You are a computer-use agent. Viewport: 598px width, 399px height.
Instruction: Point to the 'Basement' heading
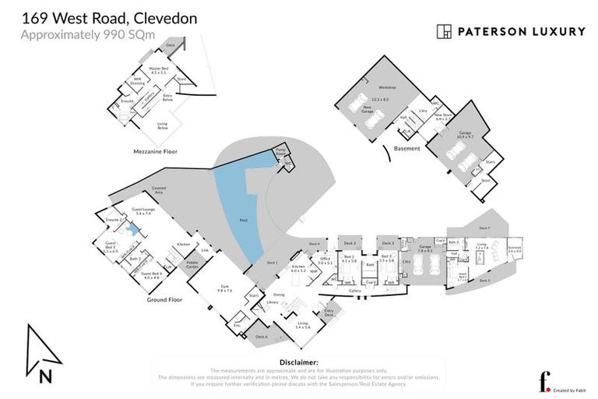coord(406,148)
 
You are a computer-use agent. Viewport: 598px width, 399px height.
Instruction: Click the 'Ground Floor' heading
coord(165,298)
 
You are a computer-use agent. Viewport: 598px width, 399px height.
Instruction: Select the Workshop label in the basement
coord(382,88)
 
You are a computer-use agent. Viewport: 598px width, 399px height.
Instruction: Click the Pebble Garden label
coord(192,264)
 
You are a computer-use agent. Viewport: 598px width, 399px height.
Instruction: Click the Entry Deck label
coord(329,312)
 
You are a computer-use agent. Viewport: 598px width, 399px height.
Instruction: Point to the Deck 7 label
coord(484,228)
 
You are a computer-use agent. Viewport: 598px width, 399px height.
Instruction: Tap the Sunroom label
coord(515,249)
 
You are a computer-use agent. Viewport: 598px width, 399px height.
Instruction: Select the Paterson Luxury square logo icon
coord(444,32)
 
